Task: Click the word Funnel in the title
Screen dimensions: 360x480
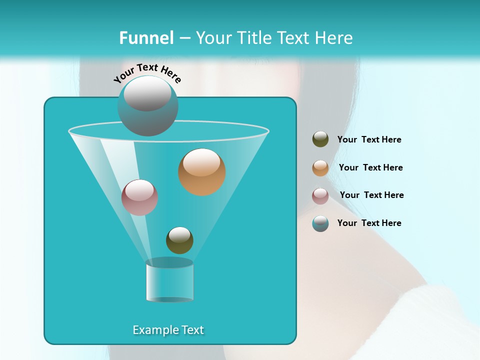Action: tap(146, 38)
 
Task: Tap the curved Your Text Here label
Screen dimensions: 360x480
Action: tap(147, 73)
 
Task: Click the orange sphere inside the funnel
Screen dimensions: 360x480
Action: tap(201, 172)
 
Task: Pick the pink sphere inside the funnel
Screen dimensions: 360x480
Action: tap(139, 197)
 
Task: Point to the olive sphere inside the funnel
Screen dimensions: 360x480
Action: tap(179, 240)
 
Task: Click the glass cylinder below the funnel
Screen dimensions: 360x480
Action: tap(169, 281)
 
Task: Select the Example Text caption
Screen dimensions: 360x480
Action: tap(168, 330)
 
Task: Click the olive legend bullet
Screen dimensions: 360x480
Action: tap(320, 139)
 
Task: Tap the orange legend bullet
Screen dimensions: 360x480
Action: tap(320, 168)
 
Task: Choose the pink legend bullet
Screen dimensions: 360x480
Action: tap(320, 195)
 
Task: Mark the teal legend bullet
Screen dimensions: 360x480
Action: tap(320, 223)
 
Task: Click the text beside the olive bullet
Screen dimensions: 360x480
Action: tap(369, 140)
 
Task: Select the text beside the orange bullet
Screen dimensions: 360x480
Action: tap(370, 168)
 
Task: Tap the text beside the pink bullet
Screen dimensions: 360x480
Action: tap(371, 195)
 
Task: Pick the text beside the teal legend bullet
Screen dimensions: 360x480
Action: tap(369, 223)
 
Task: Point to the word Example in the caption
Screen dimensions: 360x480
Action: tap(151, 330)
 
